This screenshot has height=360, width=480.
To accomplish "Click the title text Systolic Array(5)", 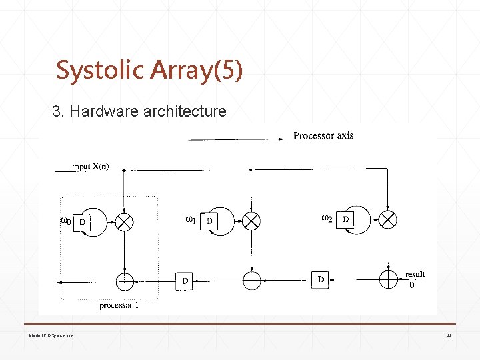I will click(149, 70).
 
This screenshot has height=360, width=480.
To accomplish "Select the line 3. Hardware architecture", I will click(139, 111).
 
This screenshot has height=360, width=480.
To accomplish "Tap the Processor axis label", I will click(323, 136).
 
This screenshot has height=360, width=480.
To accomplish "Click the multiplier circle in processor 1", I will click(125, 221).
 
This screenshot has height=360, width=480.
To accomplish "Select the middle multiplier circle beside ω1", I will click(251, 221).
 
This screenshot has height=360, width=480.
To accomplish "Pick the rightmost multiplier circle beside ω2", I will click(388, 219).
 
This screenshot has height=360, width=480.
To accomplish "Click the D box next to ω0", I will click(81, 221).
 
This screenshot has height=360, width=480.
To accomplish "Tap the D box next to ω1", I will click(209, 221).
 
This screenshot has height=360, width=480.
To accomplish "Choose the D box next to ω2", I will click(345, 219).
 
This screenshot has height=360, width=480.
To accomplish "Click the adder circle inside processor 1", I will click(125, 281).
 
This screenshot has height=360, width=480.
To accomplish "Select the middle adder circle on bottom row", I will click(251, 281).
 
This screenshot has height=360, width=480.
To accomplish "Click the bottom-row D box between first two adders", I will click(185, 281).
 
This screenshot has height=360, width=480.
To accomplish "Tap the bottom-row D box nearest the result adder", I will click(321, 280).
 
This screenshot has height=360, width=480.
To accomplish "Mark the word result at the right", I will click(415, 275).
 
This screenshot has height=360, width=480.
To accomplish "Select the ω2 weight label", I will click(327, 217).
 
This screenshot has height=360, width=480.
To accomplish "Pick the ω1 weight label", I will click(191, 219).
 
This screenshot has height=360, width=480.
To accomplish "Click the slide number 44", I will click(449, 335).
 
